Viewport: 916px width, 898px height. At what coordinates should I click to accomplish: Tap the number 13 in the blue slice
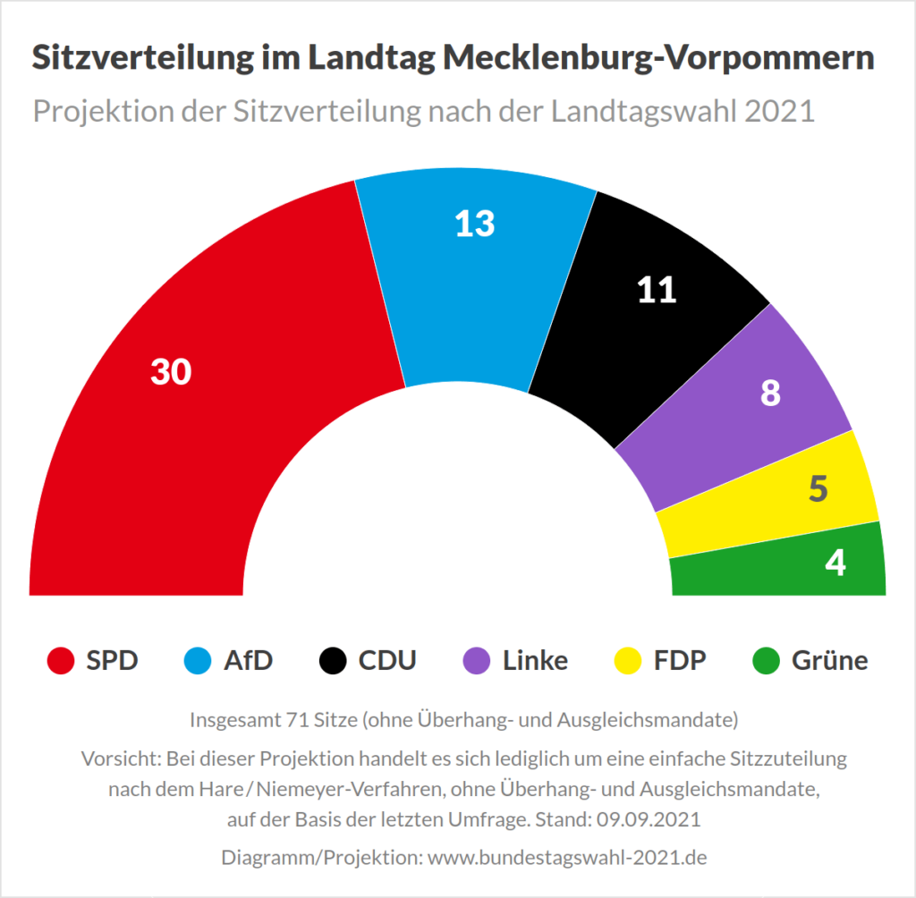(x=474, y=224)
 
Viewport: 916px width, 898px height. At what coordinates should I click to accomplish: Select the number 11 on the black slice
(x=657, y=290)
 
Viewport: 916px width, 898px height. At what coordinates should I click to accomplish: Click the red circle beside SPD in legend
(x=61, y=662)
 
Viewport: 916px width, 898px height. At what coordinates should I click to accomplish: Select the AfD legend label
(x=248, y=661)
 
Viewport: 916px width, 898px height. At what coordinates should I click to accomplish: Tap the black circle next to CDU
(x=334, y=662)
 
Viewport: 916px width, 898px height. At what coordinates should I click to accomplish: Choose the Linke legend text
(x=535, y=661)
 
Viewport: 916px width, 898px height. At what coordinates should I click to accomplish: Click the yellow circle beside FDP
(x=629, y=662)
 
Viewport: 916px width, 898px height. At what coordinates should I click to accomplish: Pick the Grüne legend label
(x=829, y=661)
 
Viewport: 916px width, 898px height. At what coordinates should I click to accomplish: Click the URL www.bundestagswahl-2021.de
(x=567, y=857)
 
